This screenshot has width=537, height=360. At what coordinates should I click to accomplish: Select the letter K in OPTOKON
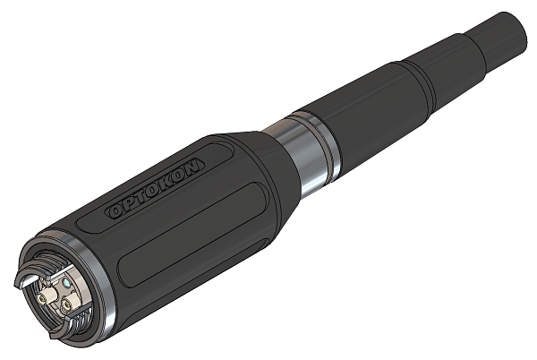point(168,179)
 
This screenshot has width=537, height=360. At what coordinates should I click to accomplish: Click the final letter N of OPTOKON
point(195,163)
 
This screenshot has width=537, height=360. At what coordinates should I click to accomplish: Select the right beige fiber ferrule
point(66,304)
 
